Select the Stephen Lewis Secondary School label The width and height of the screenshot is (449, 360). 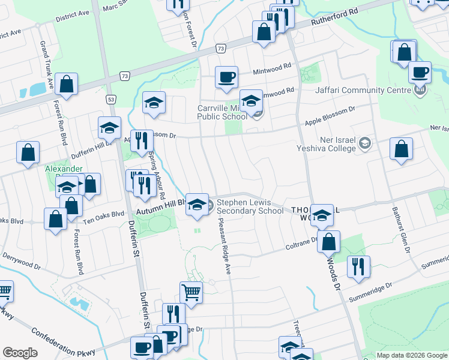(250, 207)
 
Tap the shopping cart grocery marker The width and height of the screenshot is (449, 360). (191, 293)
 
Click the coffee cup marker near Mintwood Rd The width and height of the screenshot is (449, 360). (227, 77)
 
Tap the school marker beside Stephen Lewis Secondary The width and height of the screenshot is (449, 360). (197, 205)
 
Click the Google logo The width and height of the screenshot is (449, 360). (20, 353)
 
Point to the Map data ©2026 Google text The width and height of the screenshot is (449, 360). (412, 355)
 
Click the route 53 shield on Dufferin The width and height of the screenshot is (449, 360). (111, 98)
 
